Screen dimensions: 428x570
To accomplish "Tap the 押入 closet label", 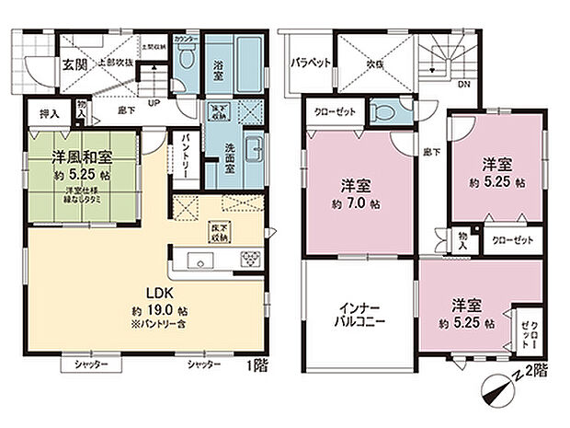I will click(x=50, y=114).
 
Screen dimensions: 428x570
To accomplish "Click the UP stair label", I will click(x=154, y=102).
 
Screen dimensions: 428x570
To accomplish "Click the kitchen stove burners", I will click(x=249, y=260).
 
